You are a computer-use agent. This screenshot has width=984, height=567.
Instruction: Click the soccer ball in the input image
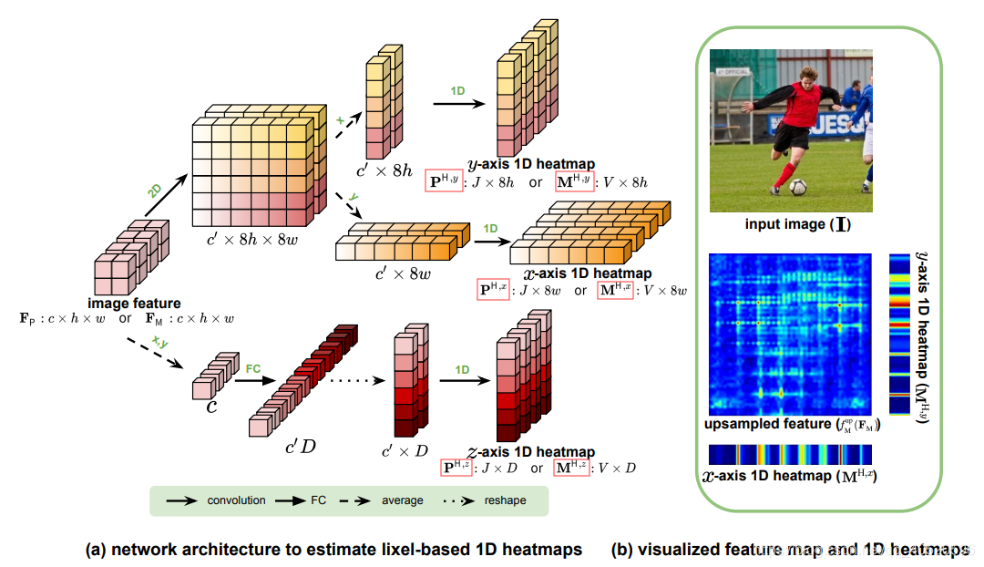click(798, 187)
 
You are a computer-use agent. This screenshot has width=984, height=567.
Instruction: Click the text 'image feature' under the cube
click(134, 303)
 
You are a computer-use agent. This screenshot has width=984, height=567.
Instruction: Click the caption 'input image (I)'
click(791, 223)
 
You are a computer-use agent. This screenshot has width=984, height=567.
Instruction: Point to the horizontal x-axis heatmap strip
click(790, 454)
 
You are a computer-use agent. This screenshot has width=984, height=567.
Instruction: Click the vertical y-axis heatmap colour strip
click(898, 332)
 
